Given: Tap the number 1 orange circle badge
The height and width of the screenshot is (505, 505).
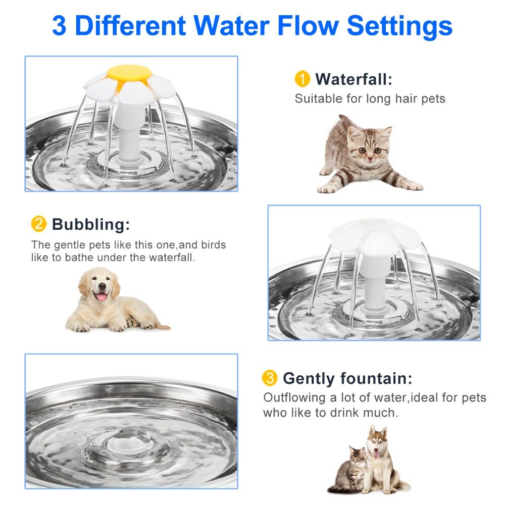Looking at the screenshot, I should click(302, 79).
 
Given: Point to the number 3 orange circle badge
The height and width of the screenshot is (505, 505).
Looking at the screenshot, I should click(270, 378).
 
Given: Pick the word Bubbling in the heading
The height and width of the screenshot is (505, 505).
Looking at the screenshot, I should click(90, 224).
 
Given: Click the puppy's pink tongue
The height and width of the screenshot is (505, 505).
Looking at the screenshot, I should click(101, 296).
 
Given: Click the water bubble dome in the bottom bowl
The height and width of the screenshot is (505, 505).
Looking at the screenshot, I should click(130, 436).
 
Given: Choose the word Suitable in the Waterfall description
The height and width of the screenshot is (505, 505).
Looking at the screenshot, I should click(318, 98).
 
